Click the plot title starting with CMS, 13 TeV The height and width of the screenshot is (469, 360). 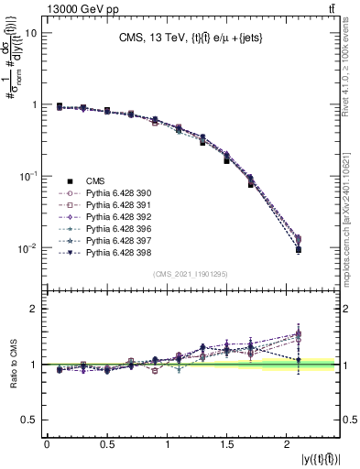point(184,38)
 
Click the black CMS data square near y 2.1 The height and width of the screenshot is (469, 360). point(299,249)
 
